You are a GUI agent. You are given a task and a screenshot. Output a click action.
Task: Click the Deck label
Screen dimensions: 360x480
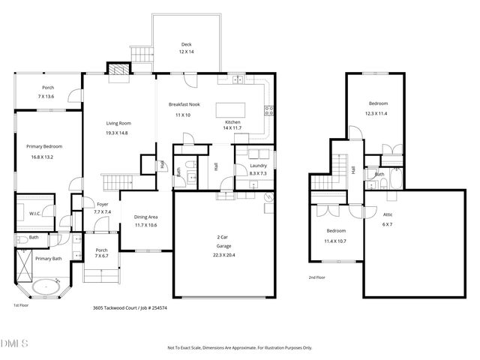tap(186, 44)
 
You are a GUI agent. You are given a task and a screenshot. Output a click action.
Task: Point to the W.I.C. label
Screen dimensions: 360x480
tap(34, 213)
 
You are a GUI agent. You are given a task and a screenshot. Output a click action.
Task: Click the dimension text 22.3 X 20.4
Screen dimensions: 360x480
tap(223, 254)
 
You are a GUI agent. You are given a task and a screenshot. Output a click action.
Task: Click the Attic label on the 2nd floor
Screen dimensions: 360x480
tap(388, 214)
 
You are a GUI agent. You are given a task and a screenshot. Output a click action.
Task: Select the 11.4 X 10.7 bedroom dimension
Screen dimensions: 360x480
tap(335, 241)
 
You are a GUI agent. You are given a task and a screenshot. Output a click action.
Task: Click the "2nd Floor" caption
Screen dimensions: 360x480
tap(316, 277)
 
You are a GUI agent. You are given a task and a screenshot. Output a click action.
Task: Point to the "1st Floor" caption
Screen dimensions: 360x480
tap(21, 305)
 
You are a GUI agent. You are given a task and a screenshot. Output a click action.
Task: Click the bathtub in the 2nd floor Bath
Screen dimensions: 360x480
tap(394, 179)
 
